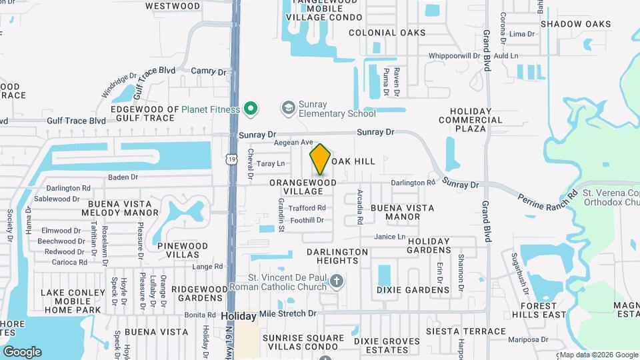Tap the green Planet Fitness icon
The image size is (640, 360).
[251, 107]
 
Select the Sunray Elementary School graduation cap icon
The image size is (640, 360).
[288, 108]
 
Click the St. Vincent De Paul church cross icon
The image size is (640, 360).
[336, 281]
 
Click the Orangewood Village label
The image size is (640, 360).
[303, 186]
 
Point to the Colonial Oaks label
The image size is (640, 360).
[387, 33]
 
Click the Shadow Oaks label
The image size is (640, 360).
[575, 24]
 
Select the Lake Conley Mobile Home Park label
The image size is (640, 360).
[71, 301]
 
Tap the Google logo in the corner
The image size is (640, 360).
[22, 351]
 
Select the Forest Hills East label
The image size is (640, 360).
[539, 310]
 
